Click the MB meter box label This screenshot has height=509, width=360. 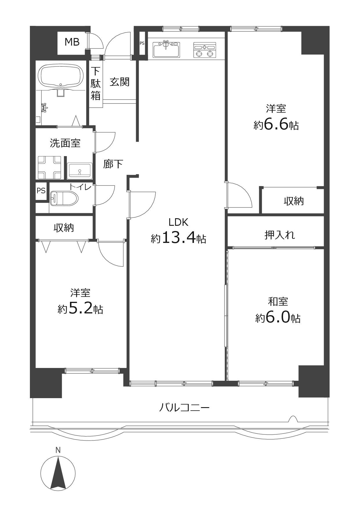pyautogui.click(x=72, y=42)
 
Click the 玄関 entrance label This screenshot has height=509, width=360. pyautogui.click(x=119, y=82)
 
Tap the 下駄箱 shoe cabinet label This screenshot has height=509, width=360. pyautogui.click(x=96, y=84)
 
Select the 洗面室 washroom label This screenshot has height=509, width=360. pyautogui.click(x=65, y=143)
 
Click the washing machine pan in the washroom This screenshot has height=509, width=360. pyautogui.click(x=49, y=168)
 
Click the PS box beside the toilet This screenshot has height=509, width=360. pyautogui.click(x=41, y=191)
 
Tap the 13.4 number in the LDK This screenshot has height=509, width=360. pyautogui.click(x=178, y=238)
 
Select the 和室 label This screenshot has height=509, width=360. pyautogui.click(x=278, y=302)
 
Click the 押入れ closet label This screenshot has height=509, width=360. pyautogui.click(x=280, y=235)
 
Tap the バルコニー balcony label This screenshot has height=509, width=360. pyautogui.click(x=184, y=408)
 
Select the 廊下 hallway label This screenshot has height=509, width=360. pyautogui.click(x=113, y=164)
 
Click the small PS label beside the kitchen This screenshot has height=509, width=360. pyautogui.click(x=142, y=44)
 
